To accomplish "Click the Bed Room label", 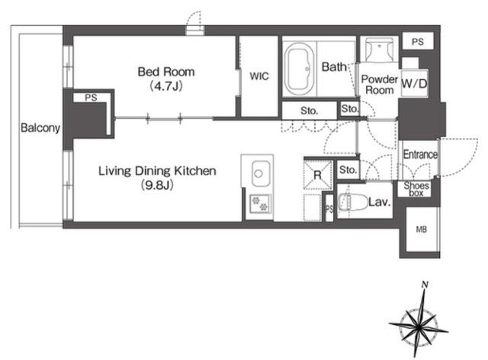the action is pyautogui.click(x=166, y=72).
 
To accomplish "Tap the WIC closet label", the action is pyautogui.click(x=259, y=76).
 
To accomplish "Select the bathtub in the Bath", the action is pyautogui.click(x=299, y=69).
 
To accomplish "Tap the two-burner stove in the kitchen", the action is pyautogui.click(x=260, y=204).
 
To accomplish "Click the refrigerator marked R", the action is pyautogui.click(x=317, y=175).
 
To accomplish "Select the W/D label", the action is pyautogui.click(x=414, y=83).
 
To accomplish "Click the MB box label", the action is pyautogui.click(x=421, y=230).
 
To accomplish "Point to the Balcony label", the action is pyautogui.click(x=40, y=127).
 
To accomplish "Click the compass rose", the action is pyautogui.click(x=419, y=327).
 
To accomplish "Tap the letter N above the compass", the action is pyautogui.click(x=425, y=284).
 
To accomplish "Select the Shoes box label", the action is pyautogui.click(x=416, y=189).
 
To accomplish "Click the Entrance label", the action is pyautogui.click(x=420, y=155).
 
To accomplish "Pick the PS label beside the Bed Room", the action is pyautogui.click(x=91, y=98).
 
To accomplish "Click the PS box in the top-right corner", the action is pyautogui.click(x=418, y=41).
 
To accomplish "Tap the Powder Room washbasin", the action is pyautogui.click(x=380, y=50).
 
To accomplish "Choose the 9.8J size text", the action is pyautogui.click(x=157, y=185).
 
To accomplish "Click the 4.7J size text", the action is pyautogui.click(x=166, y=85).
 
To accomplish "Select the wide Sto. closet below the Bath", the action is pyautogui.click(x=310, y=111).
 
